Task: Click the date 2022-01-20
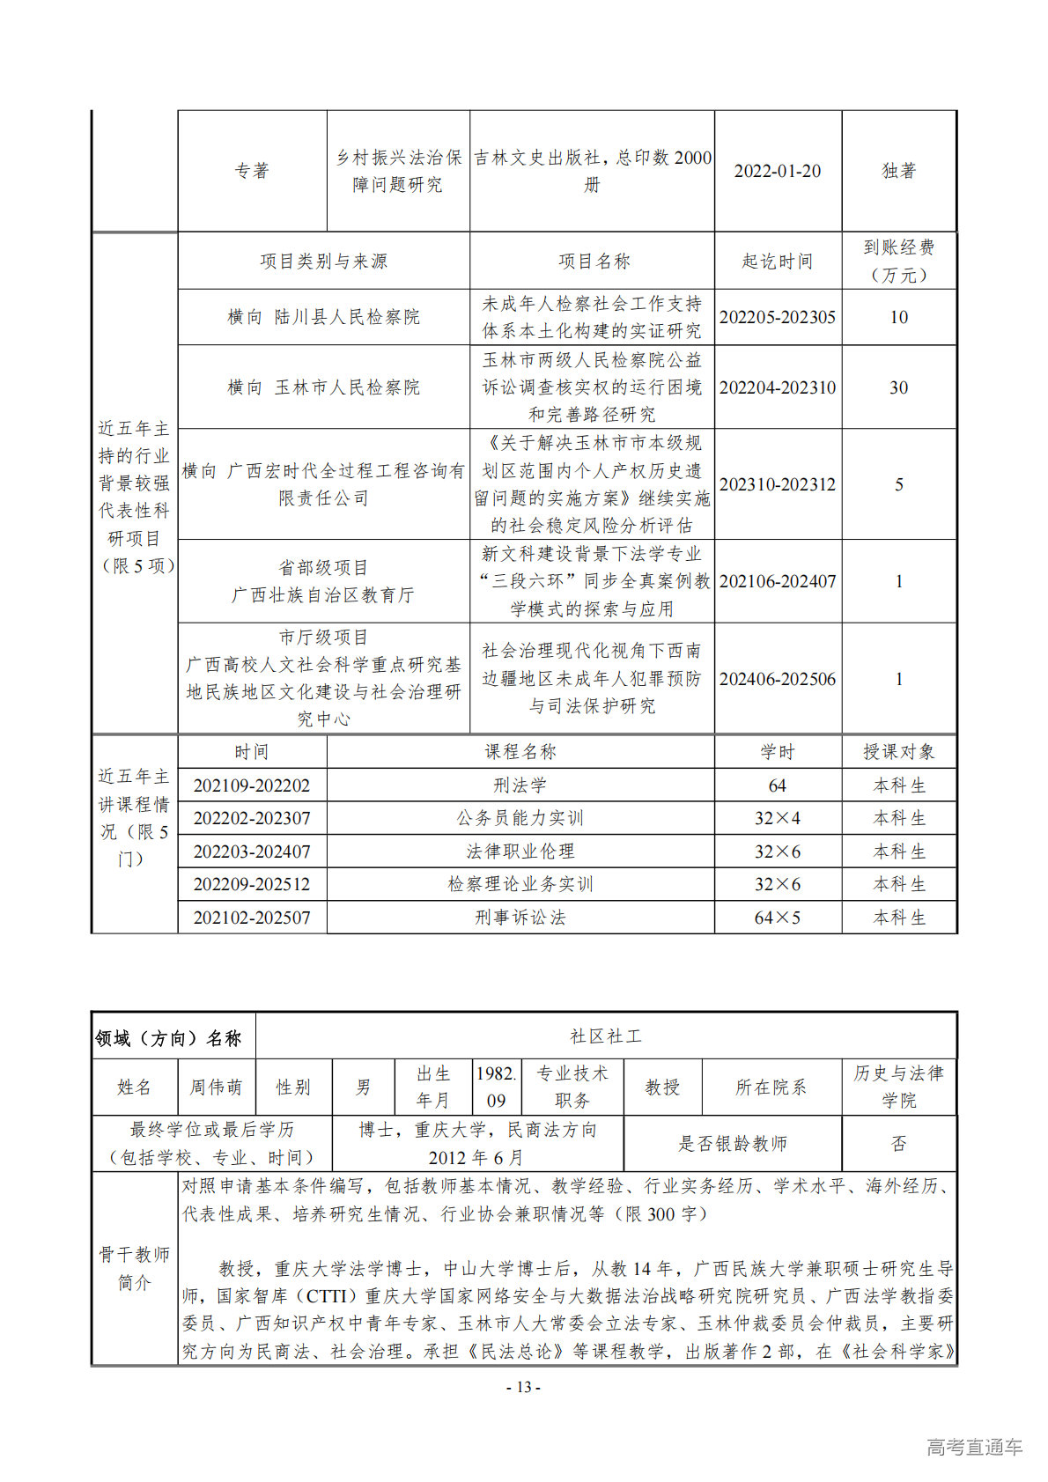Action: tap(777, 171)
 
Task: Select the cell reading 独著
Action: tap(898, 171)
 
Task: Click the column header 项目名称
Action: tap(594, 262)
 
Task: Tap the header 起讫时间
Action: tap(777, 262)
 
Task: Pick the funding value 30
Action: tap(898, 387)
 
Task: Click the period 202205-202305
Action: tap(777, 317)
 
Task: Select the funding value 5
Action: tap(898, 484)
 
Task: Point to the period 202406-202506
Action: tap(777, 679)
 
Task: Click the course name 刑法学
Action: tap(520, 785)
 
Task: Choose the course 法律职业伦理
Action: tap(520, 852)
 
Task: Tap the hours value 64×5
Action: tap(777, 918)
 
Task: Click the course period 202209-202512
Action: tap(252, 884)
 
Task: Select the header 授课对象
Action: tap(898, 752)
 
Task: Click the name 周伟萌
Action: tap(216, 1088)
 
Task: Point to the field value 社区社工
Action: tap(606, 1036)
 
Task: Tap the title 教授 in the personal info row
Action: tap(661, 1088)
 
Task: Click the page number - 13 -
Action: tap(523, 1387)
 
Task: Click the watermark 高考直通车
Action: tap(974, 1447)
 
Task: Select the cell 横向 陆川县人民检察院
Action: tap(323, 317)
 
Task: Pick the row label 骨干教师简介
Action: tap(134, 1268)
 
